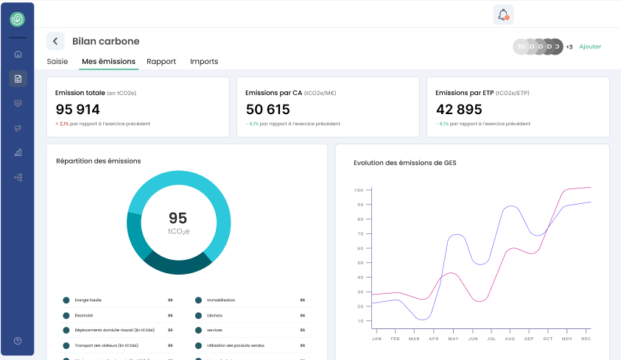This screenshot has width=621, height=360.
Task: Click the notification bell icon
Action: tap(503, 15)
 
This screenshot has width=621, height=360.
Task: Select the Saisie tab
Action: tap(57, 62)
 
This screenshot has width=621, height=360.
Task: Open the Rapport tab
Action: tap(161, 62)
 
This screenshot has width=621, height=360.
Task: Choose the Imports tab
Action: tap(204, 62)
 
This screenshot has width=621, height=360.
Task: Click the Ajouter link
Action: tap(589, 46)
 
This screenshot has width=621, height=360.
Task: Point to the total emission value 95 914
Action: tap(78, 110)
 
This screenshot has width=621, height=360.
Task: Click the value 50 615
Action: tap(268, 110)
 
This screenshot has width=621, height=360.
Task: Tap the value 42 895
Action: tap(459, 110)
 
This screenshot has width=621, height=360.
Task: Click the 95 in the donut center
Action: tap(178, 218)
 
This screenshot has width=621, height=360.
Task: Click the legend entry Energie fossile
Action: tap(89, 300)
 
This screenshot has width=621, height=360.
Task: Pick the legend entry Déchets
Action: tap(214, 315)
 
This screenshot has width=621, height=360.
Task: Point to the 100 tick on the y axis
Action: tap(359, 190)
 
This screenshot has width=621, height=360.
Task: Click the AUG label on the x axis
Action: tap(510, 339)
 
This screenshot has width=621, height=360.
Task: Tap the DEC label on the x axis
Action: tap(586, 339)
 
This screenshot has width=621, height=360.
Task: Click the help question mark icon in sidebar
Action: tap(18, 341)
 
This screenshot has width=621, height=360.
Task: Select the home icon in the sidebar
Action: tap(18, 54)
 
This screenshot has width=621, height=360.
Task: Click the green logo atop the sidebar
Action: tap(18, 20)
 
